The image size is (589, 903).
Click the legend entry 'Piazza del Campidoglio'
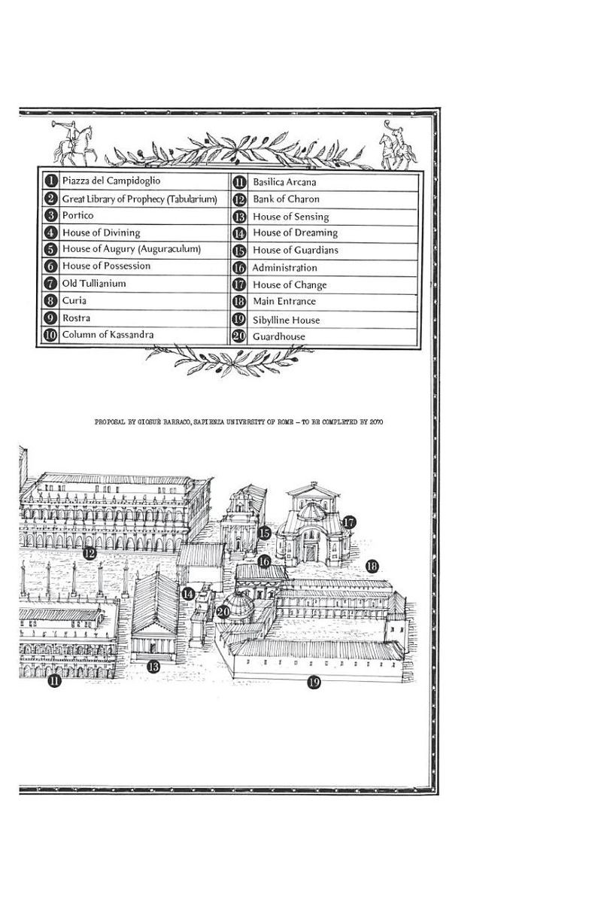111,181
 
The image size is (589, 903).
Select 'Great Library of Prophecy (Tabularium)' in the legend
139,199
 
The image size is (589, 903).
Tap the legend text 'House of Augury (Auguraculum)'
132,249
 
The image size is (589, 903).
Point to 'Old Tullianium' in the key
94,284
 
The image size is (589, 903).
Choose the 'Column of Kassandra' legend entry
108,335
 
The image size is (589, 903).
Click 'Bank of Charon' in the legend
286,199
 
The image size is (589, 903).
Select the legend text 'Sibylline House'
286,320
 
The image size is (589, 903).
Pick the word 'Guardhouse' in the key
279,336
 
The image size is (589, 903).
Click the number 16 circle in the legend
239,268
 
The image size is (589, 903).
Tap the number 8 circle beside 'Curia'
50,301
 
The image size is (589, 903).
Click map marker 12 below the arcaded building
89,554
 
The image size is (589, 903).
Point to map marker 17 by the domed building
349,522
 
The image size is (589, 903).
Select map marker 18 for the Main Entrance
372,567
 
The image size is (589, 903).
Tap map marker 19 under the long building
314,682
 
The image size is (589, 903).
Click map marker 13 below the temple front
153,667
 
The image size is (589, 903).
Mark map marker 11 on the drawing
54,681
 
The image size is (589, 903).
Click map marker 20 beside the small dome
223,612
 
